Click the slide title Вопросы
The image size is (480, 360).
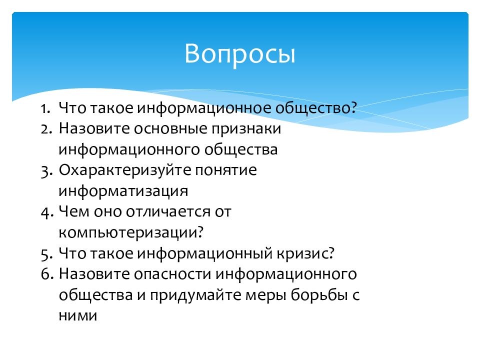pos(239,54)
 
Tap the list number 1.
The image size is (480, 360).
pos(45,108)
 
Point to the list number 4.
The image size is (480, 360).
pos(47,212)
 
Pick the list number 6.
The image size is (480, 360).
pos(47,274)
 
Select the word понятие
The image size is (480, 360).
pos(226,171)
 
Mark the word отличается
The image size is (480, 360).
pos(168,212)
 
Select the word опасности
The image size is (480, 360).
pos(172,274)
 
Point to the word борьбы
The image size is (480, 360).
pos(319,295)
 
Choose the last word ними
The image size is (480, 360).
pos(78,316)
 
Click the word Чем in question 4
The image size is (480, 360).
pos(74,212)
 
